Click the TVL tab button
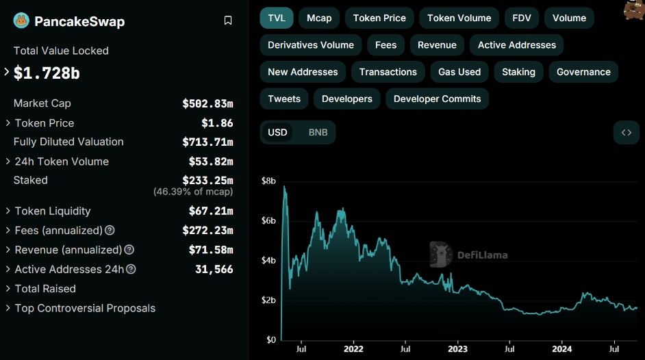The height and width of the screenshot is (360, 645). [x=277, y=18]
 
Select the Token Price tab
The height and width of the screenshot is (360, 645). [x=379, y=18]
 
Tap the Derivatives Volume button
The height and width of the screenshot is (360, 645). [x=311, y=44]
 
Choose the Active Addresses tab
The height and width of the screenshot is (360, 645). [x=517, y=44]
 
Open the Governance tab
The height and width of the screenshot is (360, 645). [x=583, y=72]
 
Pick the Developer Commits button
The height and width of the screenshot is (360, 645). [x=437, y=99]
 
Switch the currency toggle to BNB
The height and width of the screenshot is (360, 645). [x=318, y=132]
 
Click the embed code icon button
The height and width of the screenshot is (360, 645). [x=626, y=132]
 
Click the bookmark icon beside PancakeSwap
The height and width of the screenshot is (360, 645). [x=228, y=21]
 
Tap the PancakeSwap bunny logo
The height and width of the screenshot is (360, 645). [x=21, y=21]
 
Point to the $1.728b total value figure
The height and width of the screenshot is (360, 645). [x=47, y=73]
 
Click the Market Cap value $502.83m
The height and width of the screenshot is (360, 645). [x=207, y=103]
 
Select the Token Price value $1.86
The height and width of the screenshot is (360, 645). [x=217, y=123]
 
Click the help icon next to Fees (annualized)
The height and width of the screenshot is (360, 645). [x=110, y=230]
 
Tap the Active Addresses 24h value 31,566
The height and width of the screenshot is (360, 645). [x=214, y=269]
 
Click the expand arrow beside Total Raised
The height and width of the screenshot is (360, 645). [x=8, y=289]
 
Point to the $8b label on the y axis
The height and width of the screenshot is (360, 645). [x=268, y=181]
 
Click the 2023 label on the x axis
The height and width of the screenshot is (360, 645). [x=457, y=349]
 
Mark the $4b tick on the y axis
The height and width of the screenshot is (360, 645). [x=268, y=260]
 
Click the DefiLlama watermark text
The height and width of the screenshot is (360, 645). [x=482, y=255]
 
